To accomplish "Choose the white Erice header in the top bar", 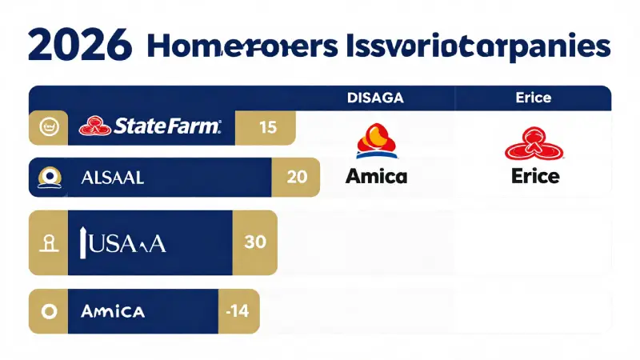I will tap(534, 98).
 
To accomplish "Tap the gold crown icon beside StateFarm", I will tap(47, 126).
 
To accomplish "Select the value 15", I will tap(267, 127).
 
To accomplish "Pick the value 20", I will tap(295, 178).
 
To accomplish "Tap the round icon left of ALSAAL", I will tap(47, 178).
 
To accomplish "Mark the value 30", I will tap(254, 242).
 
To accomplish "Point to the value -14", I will tap(238, 311).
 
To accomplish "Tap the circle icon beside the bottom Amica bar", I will tap(47, 311).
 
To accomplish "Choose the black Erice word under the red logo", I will tap(534, 176).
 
